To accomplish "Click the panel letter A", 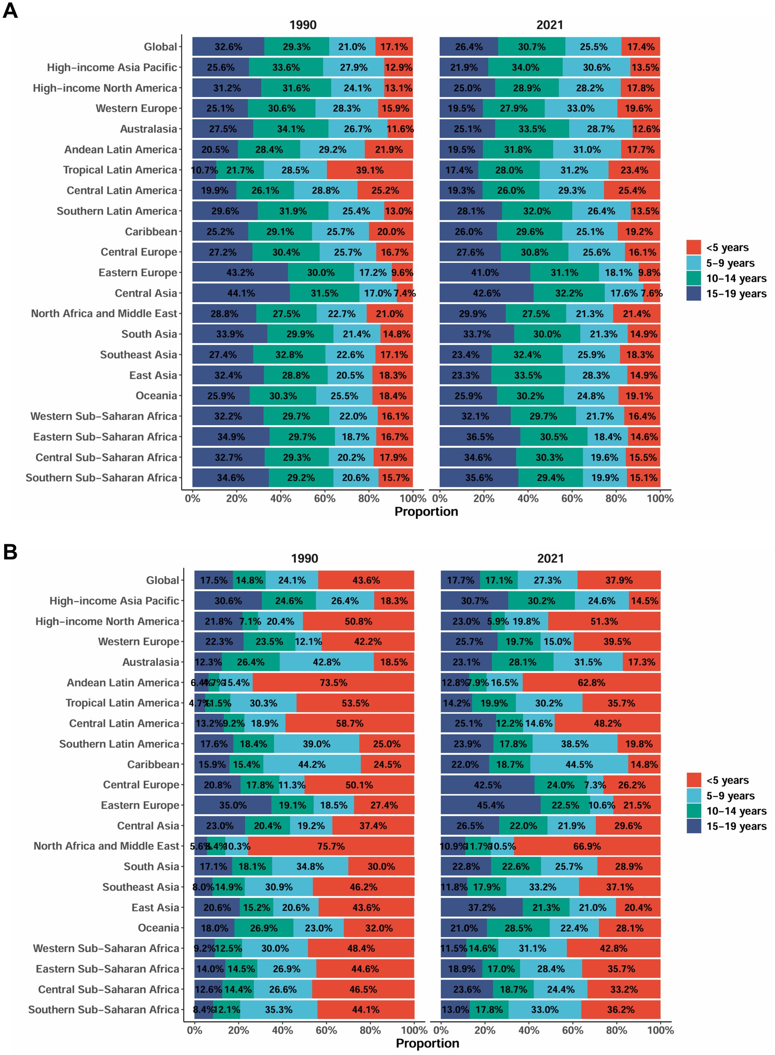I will coord(10,10).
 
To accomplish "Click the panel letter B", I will coord(10,552).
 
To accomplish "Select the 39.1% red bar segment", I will coord(370,170).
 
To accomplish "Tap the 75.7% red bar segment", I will coord(331,846).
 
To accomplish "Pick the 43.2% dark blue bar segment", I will coord(240,273).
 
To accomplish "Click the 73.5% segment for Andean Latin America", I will coord(334,683).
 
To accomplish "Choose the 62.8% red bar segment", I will coord(592,683).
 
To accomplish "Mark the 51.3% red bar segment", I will coord(604,621).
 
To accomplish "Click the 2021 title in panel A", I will coord(550,25).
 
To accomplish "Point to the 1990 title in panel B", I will coord(304,558).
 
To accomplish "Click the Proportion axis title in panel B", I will coord(427,1043).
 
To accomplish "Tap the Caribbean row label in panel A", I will coord(151,232).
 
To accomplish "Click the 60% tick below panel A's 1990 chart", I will coord(325,499).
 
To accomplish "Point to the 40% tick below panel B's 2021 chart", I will coord(529,1030).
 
